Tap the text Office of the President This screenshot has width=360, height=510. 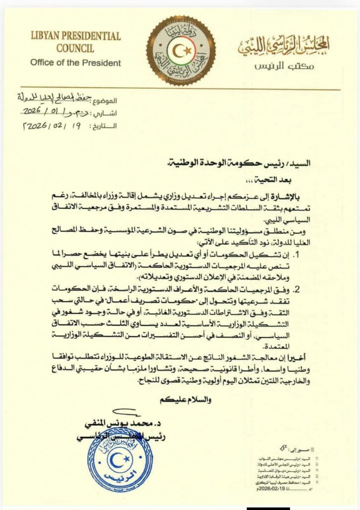[x=75, y=63]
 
